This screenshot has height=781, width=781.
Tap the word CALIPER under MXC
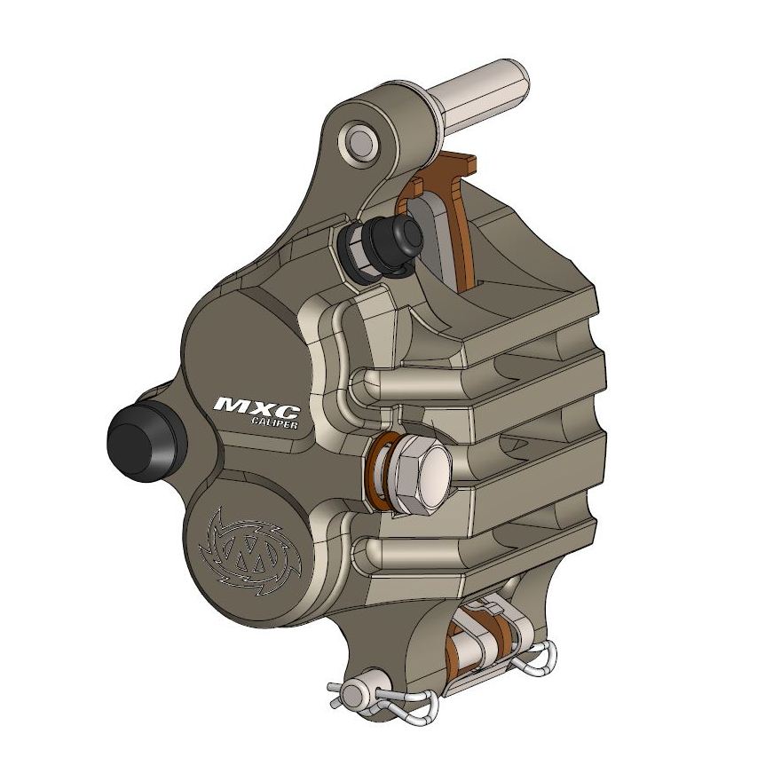pyautogui.click(x=272, y=424)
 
